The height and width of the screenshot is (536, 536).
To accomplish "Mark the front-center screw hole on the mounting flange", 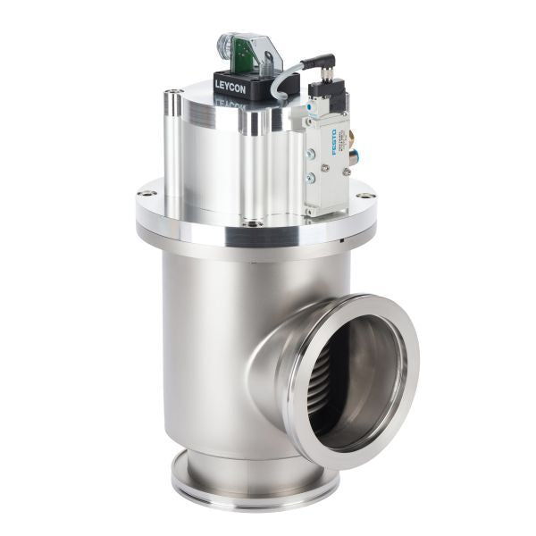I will click(x=258, y=223).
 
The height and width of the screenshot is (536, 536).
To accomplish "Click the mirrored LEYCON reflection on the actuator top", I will click(x=230, y=103).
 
